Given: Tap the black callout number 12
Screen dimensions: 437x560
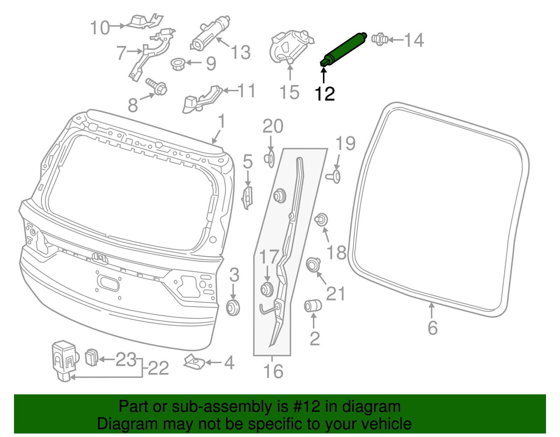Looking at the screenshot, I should (324, 94).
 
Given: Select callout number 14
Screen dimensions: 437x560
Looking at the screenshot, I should (414, 40).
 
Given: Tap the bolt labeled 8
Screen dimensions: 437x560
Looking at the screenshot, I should (157, 86).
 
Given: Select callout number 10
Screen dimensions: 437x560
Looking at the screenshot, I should (100, 28).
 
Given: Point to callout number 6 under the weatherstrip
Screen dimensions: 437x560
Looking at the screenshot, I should (433, 328).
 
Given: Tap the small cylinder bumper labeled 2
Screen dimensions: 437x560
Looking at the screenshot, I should (313, 306).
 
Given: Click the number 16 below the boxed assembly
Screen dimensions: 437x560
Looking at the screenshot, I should (273, 371).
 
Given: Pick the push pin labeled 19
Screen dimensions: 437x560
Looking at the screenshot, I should (334, 177).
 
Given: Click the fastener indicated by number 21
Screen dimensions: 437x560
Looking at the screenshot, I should (313, 265).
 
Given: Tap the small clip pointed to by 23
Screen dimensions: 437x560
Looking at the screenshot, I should (91, 358).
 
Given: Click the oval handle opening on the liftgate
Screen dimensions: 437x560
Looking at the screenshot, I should (108, 283).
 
